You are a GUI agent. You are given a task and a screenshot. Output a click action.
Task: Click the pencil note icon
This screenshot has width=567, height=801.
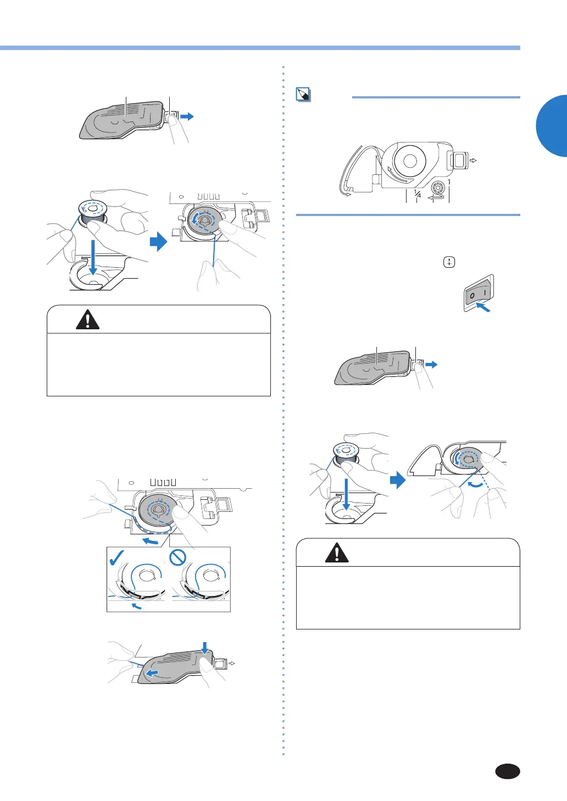303,95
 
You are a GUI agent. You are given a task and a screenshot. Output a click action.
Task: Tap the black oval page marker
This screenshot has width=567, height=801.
507,771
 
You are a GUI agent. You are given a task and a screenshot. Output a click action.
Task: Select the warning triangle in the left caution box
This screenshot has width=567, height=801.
87,319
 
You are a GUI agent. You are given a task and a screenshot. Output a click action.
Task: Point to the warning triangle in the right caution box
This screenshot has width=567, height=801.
337,553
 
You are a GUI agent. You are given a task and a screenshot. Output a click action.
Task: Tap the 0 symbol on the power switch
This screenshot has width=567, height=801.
472,296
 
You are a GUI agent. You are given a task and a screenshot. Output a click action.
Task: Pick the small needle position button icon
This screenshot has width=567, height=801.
449,262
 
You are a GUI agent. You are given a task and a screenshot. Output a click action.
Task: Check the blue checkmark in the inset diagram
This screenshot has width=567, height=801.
117,557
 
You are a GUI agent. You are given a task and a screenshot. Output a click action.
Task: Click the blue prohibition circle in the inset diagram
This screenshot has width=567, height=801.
177,557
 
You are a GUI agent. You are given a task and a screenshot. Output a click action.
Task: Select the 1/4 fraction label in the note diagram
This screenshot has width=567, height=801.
418,194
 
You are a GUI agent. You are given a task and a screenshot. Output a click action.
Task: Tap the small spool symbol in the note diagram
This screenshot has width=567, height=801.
438,187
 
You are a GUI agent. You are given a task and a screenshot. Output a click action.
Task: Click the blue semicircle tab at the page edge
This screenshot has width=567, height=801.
552,125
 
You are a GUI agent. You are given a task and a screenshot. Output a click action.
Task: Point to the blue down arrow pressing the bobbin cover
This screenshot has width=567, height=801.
205,648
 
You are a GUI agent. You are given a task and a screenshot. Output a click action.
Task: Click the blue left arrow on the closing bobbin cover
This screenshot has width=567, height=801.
153,673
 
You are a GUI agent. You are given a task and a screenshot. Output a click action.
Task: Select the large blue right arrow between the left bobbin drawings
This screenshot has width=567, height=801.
159,242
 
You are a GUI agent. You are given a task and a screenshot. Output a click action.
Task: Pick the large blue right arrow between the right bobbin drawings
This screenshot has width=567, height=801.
398,479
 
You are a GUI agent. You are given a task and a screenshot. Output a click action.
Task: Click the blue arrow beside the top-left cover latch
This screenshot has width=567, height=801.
187,116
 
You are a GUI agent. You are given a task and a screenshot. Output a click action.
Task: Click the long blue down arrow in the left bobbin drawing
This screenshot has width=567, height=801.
93,257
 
